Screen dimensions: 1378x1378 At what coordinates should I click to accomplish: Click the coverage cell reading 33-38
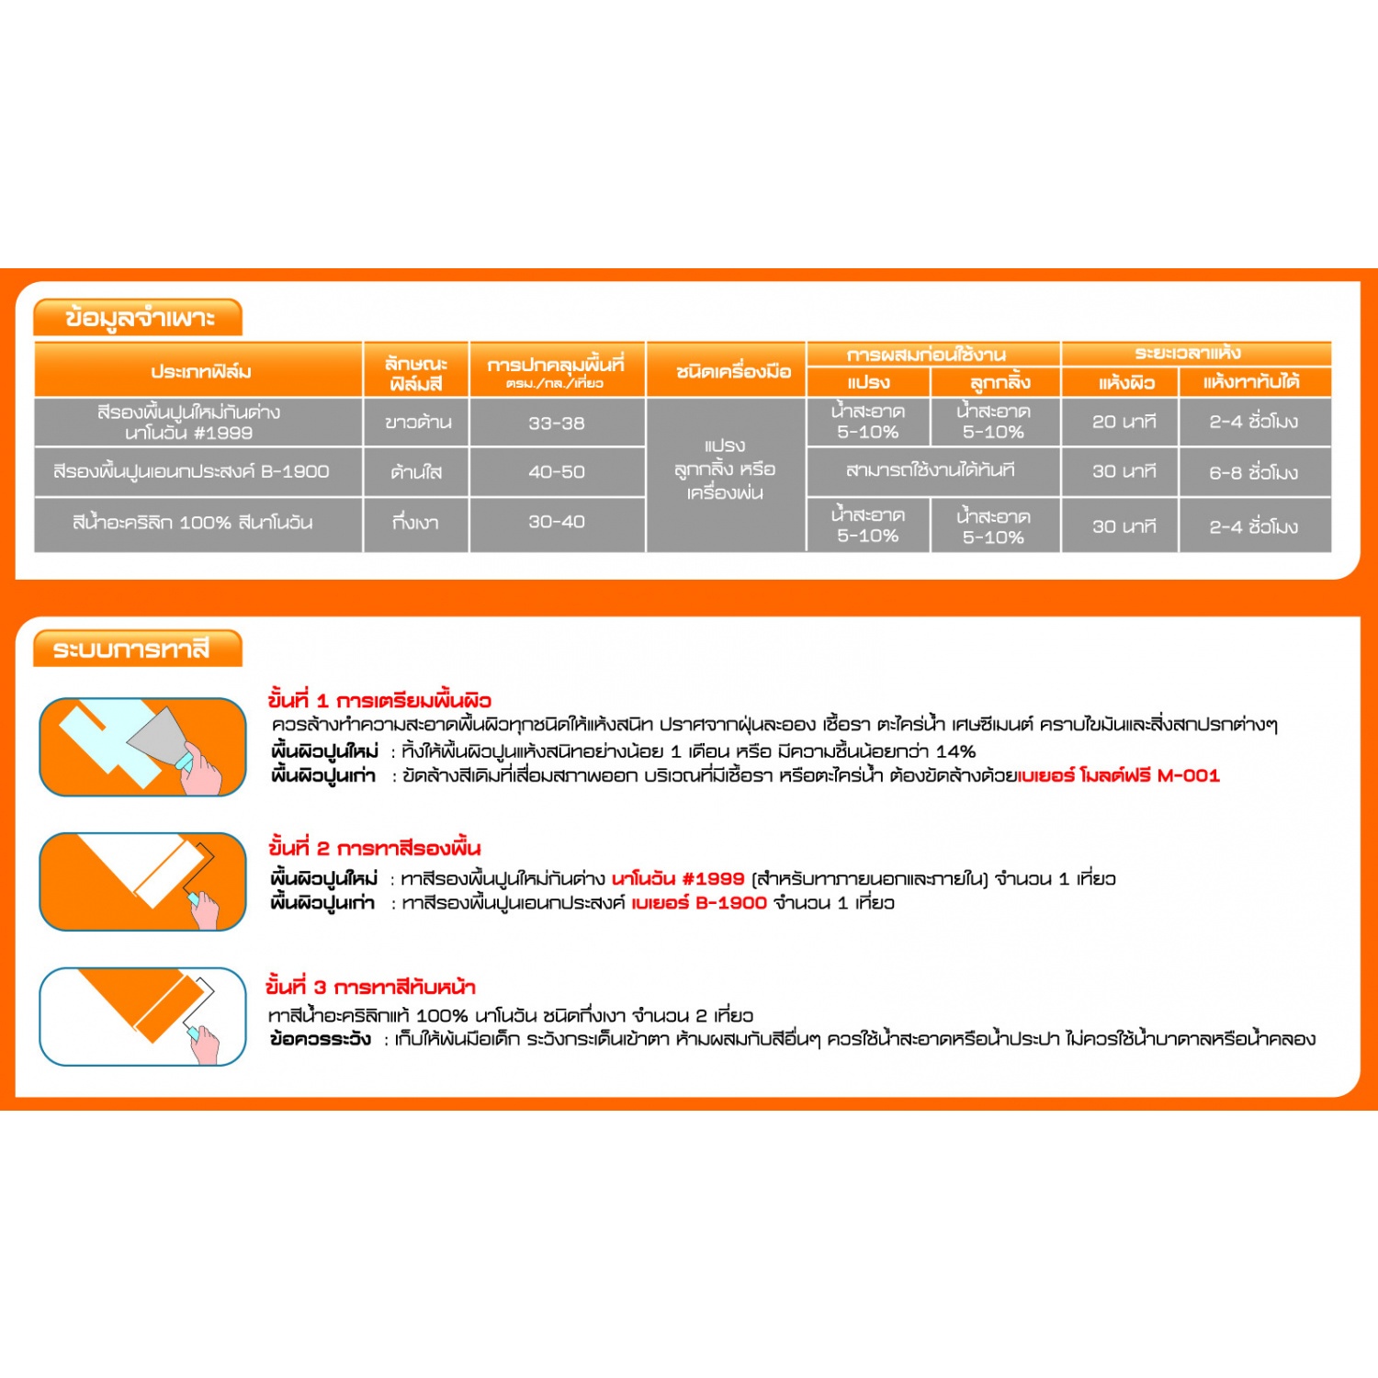click(x=556, y=423)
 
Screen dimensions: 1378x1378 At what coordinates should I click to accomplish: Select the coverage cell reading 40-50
click(x=556, y=472)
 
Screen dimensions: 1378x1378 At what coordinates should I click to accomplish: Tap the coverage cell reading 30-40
click(x=556, y=522)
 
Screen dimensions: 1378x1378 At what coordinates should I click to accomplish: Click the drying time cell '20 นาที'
click(x=1124, y=422)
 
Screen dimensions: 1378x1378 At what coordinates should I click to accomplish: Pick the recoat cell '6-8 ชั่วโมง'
click(x=1253, y=472)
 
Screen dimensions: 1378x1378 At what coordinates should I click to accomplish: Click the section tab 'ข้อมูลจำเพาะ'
click(x=139, y=318)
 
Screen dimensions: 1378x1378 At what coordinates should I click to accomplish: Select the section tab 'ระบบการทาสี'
click(x=131, y=649)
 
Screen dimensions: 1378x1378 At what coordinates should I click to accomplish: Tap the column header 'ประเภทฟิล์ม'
click(x=200, y=371)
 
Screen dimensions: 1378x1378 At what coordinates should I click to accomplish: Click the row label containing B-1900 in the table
click(x=191, y=472)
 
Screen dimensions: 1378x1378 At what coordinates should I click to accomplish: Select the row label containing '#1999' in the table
click(x=189, y=423)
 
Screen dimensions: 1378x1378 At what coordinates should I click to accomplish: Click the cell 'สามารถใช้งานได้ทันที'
click(x=930, y=470)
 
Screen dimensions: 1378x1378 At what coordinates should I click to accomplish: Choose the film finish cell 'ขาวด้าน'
click(x=418, y=423)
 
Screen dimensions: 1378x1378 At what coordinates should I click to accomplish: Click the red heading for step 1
click(x=379, y=701)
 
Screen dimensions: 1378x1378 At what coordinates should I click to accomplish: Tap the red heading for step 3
click(x=370, y=988)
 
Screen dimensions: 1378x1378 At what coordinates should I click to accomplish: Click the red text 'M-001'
click(x=1188, y=775)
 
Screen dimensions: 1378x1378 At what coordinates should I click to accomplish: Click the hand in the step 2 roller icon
click(x=204, y=909)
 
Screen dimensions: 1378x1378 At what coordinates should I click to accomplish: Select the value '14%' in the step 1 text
click(x=955, y=751)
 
